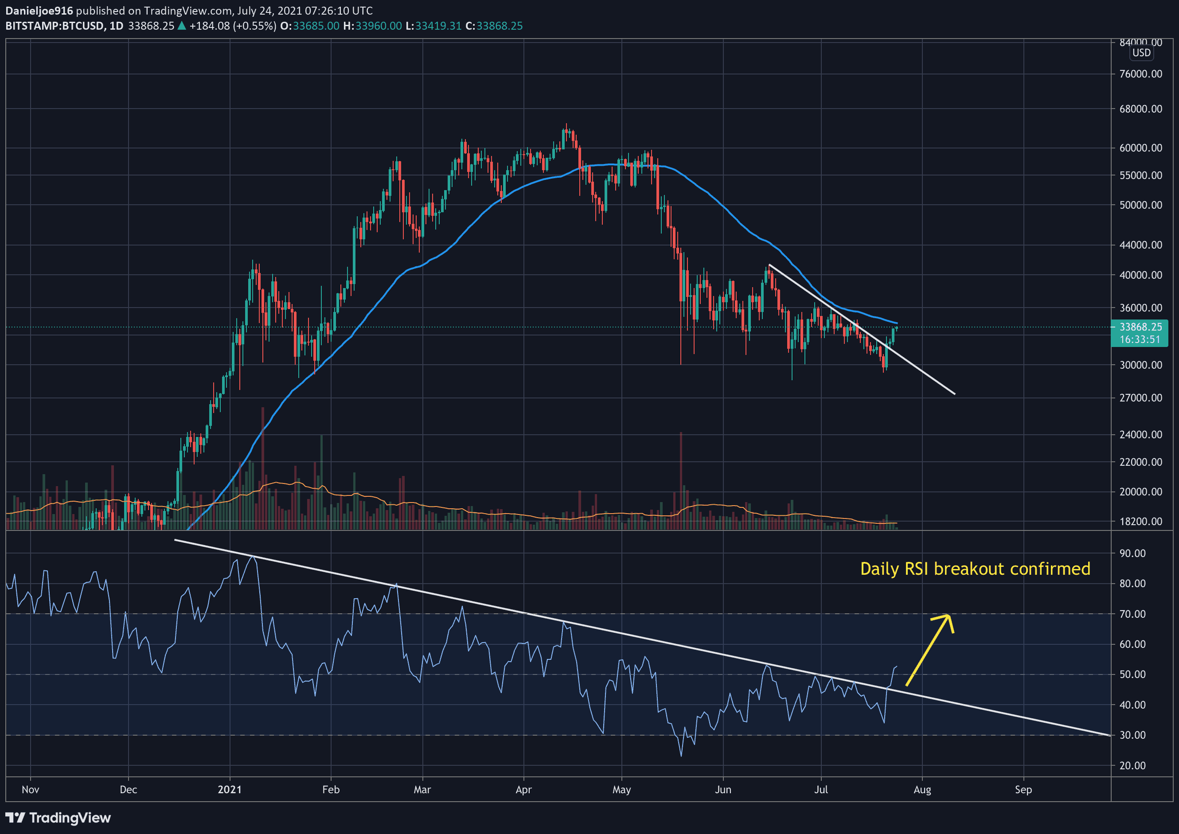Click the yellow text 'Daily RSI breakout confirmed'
tap(975, 569)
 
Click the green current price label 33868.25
tap(1140, 327)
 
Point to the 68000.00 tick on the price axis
tap(1140, 109)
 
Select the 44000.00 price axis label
tap(1140, 245)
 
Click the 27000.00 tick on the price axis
tap(1140, 398)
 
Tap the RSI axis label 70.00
tap(1132, 614)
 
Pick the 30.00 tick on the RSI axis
tap(1132, 735)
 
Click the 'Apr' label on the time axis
tap(523, 790)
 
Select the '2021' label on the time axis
tap(230, 790)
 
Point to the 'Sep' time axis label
tap(1023, 790)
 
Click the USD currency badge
tap(1141, 53)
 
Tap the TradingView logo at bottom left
tap(58, 818)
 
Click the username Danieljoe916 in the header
tap(39, 11)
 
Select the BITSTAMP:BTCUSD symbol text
tap(54, 26)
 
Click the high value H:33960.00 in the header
tap(372, 26)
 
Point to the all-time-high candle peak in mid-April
tap(566, 125)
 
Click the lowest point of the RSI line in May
tap(681, 756)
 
